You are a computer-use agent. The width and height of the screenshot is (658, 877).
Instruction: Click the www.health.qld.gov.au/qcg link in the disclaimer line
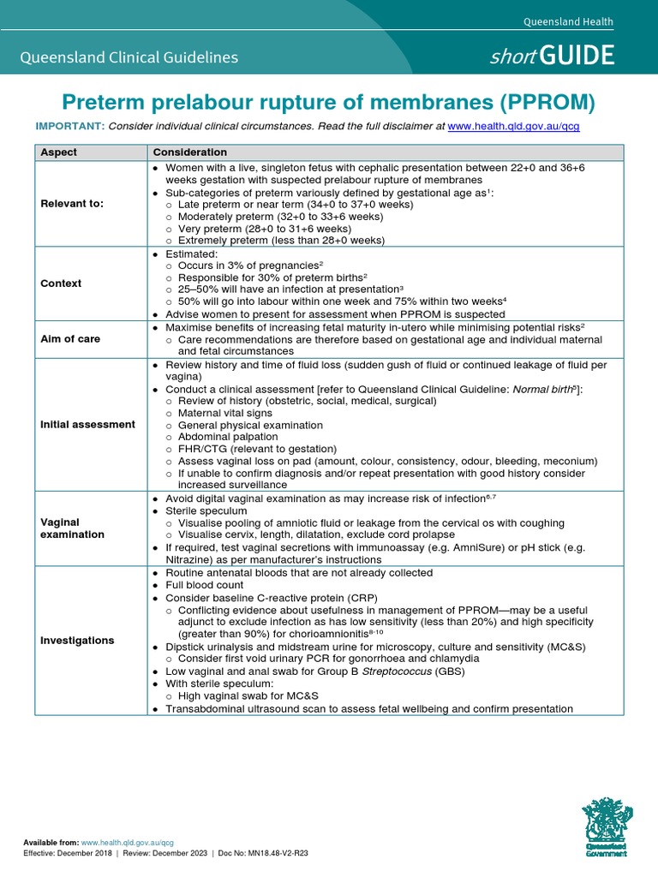coord(519,126)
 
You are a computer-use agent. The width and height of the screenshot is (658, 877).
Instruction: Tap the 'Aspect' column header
coord(59,152)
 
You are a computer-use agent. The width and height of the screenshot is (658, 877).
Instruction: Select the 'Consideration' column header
coord(189,152)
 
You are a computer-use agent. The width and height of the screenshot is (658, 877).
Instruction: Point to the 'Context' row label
coord(61,283)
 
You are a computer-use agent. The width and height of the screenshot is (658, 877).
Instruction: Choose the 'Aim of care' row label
coord(70,339)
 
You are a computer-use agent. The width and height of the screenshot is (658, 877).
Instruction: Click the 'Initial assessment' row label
coord(87,424)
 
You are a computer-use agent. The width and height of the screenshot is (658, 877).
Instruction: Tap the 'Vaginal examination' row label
coord(73,528)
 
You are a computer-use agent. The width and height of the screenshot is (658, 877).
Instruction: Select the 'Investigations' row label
coord(77,640)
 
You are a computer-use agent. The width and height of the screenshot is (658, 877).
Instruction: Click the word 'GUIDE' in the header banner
coord(583,57)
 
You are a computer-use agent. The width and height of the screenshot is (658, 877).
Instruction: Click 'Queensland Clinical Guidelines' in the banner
coord(129,58)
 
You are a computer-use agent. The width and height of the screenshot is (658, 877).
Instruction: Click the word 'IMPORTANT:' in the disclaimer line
coord(69,126)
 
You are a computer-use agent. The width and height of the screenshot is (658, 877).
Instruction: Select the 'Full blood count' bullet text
coord(208,585)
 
